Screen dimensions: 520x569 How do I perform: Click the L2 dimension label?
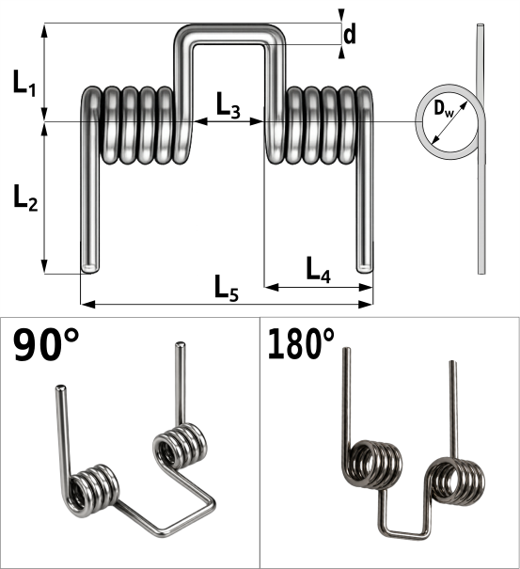point(25,198)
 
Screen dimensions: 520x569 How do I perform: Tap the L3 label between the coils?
point(228,105)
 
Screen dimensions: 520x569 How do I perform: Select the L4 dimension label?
point(318,270)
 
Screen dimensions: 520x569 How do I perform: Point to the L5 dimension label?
point(227,289)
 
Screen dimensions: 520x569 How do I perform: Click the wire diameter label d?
point(350,34)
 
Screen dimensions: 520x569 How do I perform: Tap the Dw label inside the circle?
point(444,109)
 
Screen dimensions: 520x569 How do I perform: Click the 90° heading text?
point(46,344)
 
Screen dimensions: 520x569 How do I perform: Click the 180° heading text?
point(301,343)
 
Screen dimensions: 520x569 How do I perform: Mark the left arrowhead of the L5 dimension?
point(87,304)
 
